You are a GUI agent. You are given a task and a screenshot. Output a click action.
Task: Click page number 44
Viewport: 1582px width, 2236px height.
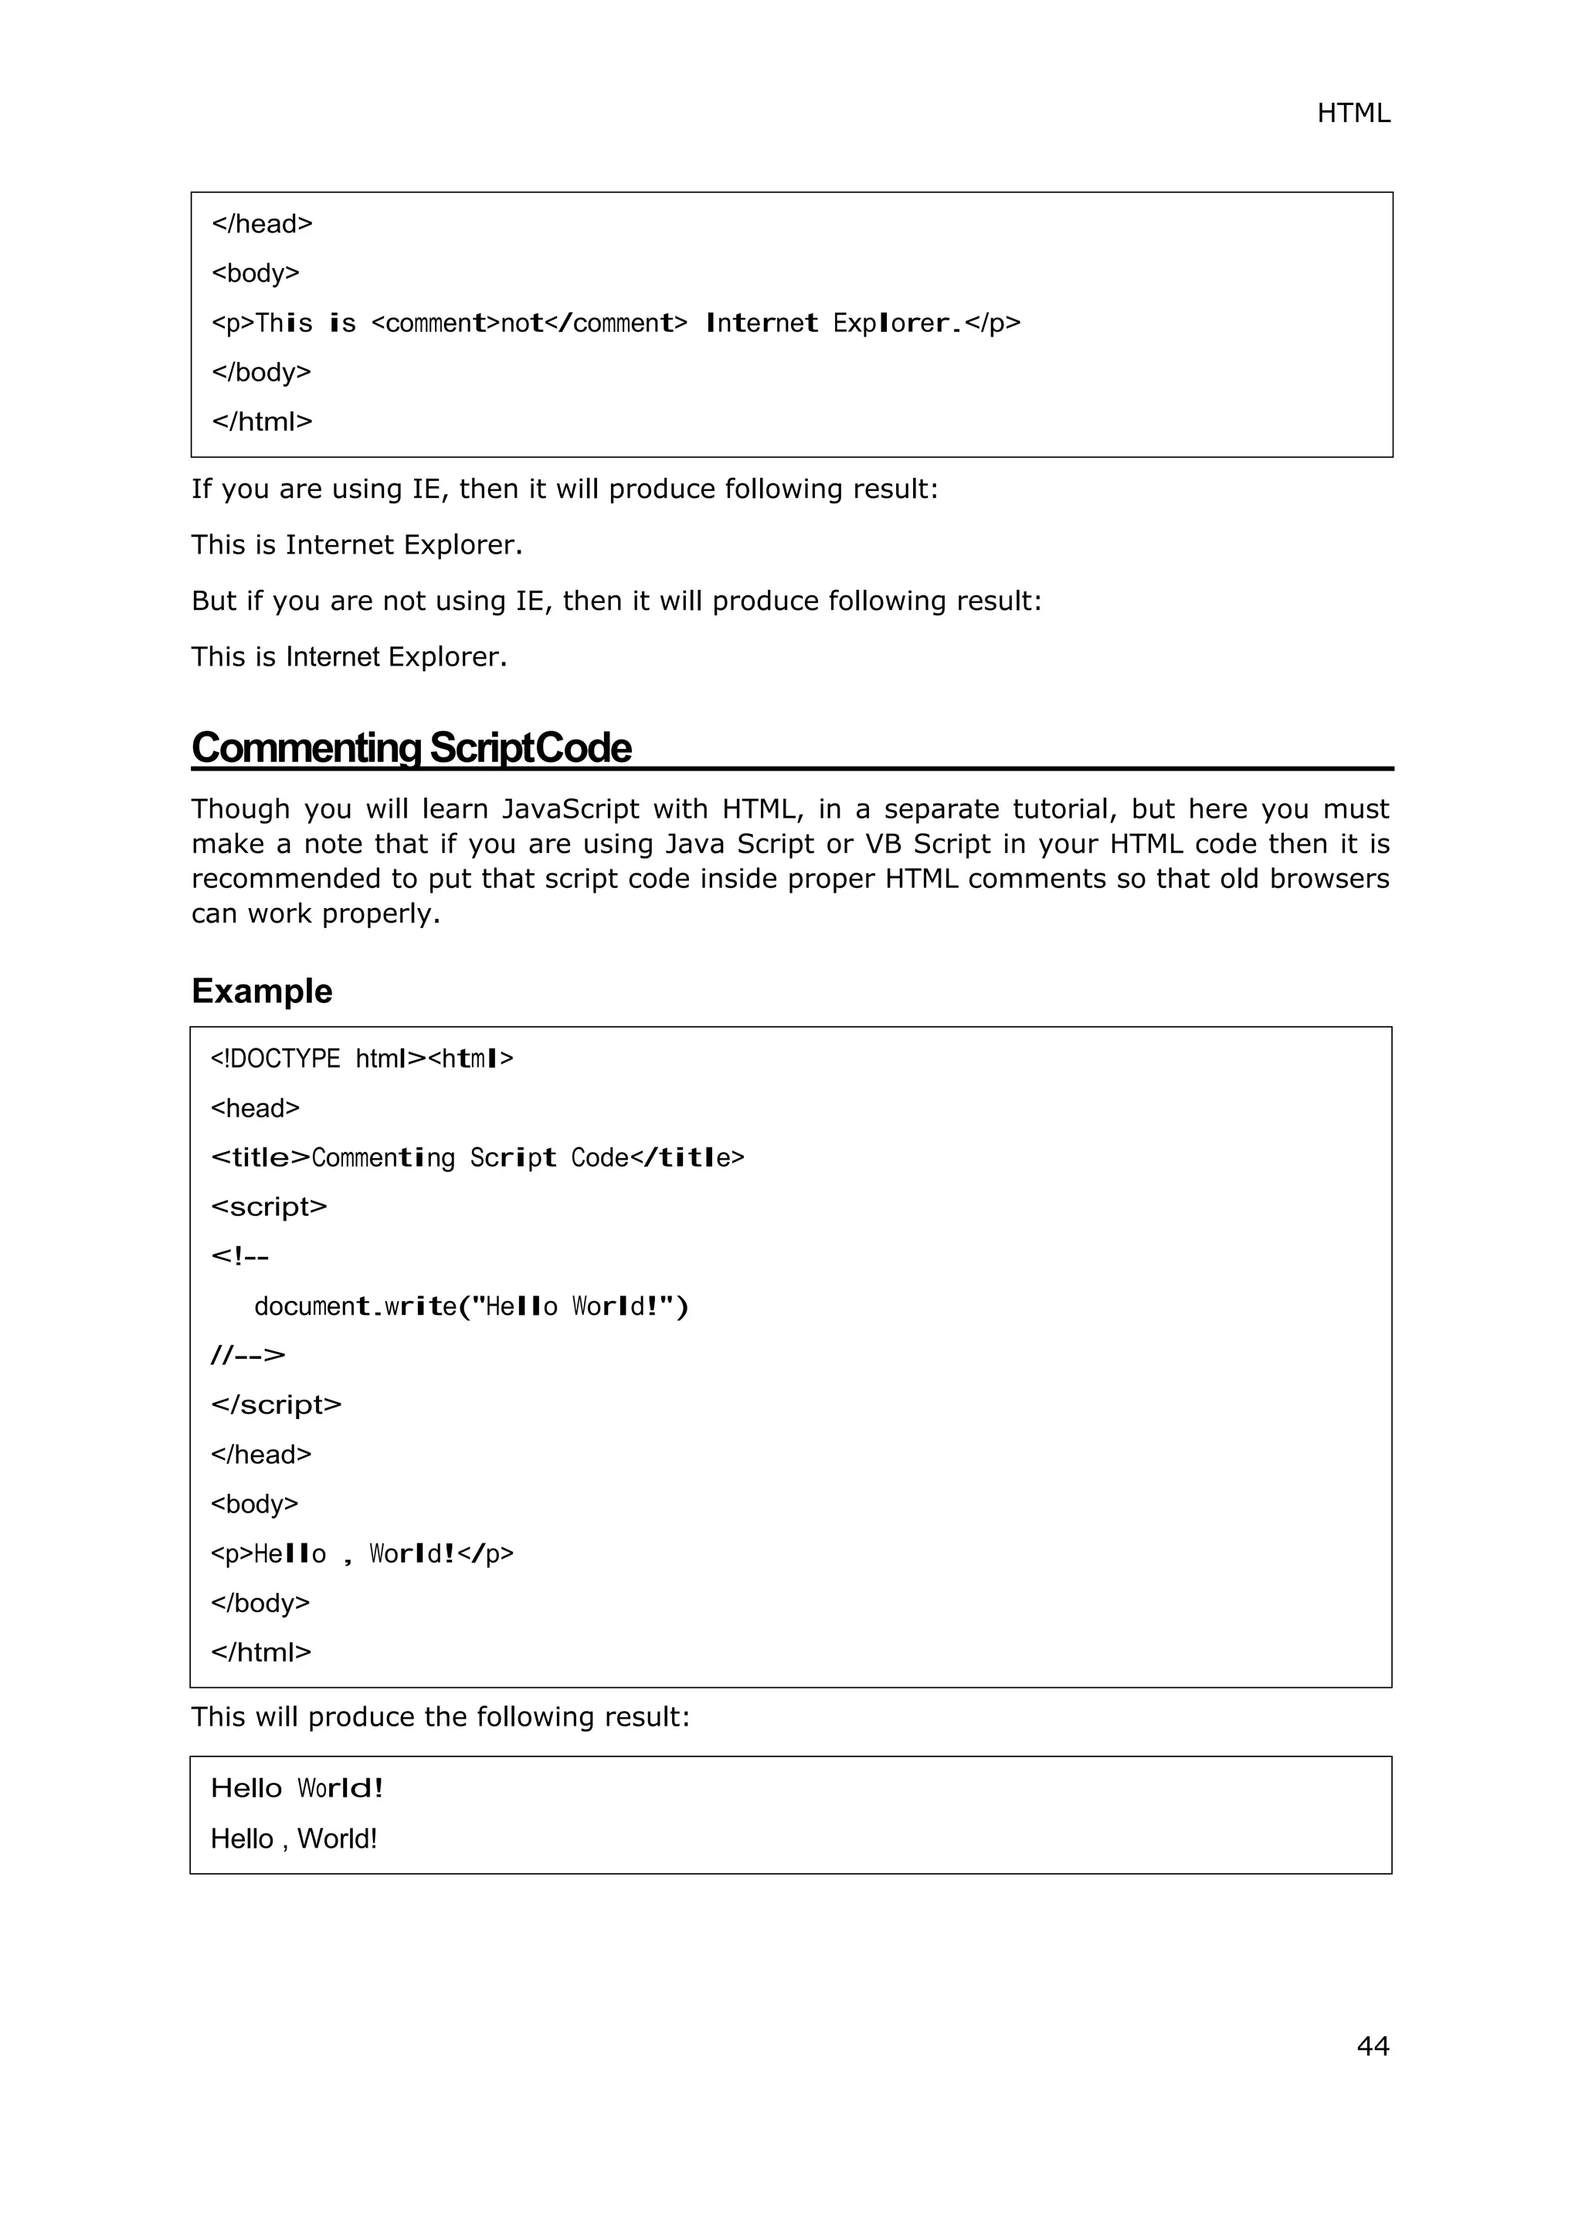click(x=1372, y=2045)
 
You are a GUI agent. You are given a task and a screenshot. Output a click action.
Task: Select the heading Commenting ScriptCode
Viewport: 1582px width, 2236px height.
click(x=411, y=748)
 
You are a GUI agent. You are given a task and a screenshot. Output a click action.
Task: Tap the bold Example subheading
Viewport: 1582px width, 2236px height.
click(x=262, y=991)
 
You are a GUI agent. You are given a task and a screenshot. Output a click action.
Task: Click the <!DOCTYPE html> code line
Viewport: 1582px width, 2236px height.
click(x=362, y=1059)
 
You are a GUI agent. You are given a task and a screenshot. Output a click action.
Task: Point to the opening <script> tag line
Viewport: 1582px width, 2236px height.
click(x=269, y=1207)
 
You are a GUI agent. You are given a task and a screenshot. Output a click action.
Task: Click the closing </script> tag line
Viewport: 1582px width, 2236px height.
click(x=276, y=1404)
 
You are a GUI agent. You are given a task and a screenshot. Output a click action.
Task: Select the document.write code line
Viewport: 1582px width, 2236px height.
click(x=470, y=1306)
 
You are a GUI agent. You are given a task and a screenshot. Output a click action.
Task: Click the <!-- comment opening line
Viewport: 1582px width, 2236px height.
click(x=239, y=1256)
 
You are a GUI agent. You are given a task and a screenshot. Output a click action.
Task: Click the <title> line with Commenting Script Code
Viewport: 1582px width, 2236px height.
click(x=477, y=1158)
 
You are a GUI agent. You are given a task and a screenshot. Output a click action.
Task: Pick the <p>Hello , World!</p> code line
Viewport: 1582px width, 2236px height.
click(x=362, y=1553)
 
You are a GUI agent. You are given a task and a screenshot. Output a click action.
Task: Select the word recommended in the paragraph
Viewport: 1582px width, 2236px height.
click(x=284, y=879)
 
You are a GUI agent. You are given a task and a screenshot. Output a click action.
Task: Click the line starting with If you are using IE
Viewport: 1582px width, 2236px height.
click(x=564, y=489)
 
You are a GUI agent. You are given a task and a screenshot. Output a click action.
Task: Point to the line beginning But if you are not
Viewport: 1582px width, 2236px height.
click(x=616, y=601)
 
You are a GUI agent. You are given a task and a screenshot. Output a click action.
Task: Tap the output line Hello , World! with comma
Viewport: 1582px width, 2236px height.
click(x=294, y=1838)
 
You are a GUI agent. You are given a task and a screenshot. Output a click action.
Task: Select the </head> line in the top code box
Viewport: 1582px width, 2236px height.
click(x=262, y=224)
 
